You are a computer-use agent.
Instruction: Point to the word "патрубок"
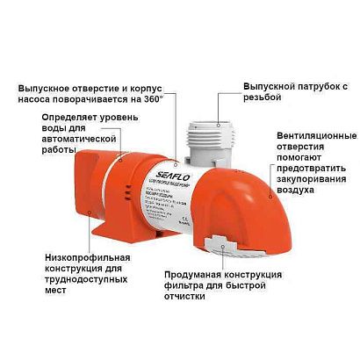tap(308, 88)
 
